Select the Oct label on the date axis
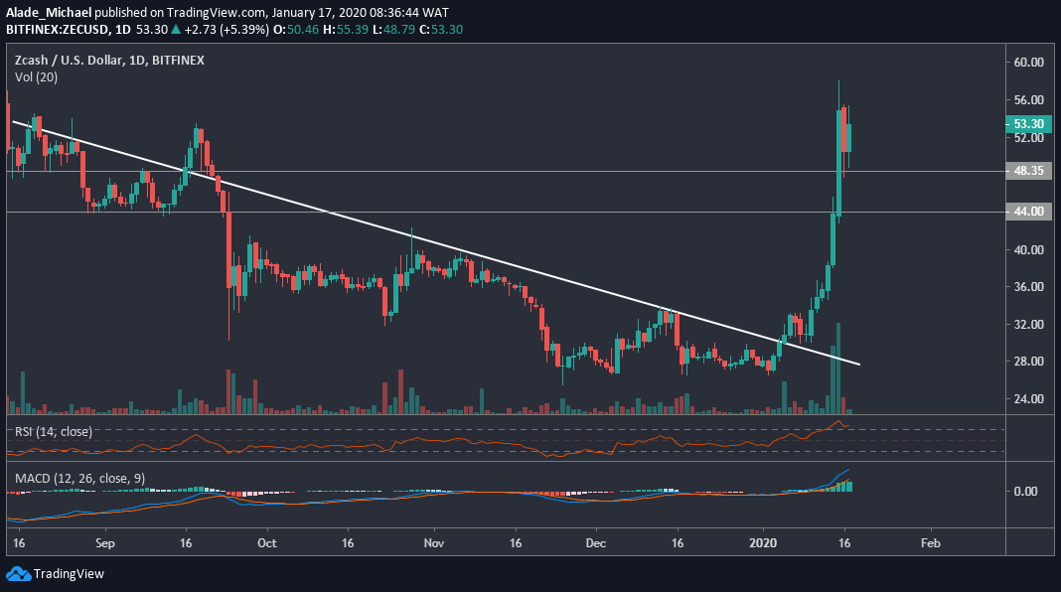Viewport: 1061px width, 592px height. pos(265,544)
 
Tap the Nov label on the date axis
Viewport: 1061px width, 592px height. pos(432,544)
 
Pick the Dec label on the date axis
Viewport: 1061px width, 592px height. pos(596,544)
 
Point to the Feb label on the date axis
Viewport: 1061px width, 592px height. pos(930,544)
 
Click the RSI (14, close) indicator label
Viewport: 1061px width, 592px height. pos(54,430)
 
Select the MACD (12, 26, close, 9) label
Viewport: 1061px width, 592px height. pos(79,478)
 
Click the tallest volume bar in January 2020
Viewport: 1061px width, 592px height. pos(838,368)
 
